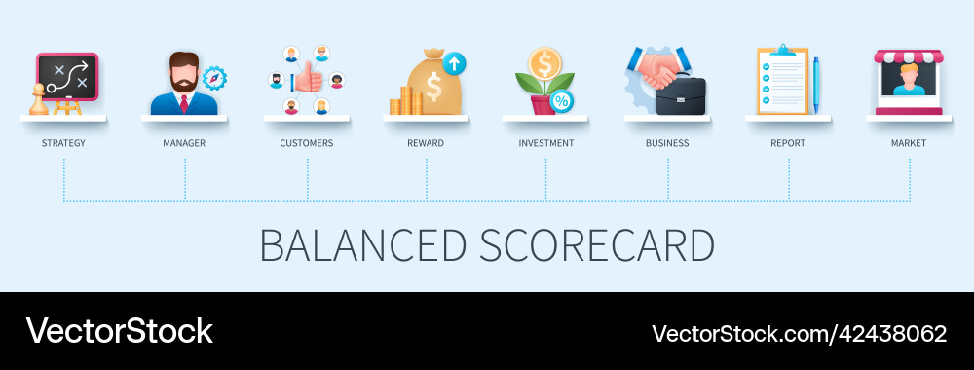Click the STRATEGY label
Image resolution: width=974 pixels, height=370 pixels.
pos(63,143)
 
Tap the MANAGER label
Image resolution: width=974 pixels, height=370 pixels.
pos(184,143)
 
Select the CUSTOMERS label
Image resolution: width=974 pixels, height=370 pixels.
pos(307,143)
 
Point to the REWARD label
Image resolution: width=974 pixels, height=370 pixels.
pos(426,143)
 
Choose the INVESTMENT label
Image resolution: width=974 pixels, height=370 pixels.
pos(545,143)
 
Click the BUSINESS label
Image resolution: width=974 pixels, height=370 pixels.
pos(667,143)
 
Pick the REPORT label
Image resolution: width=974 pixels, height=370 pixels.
pos(788,143)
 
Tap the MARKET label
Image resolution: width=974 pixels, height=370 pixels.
pos(909,143)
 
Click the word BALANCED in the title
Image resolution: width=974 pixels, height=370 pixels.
pos(362,245)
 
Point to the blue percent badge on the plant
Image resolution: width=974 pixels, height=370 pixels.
pos(561,100)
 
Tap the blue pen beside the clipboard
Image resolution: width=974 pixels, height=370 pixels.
pos(816,82)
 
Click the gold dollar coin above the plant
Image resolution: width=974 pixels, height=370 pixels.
pos(543,63)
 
